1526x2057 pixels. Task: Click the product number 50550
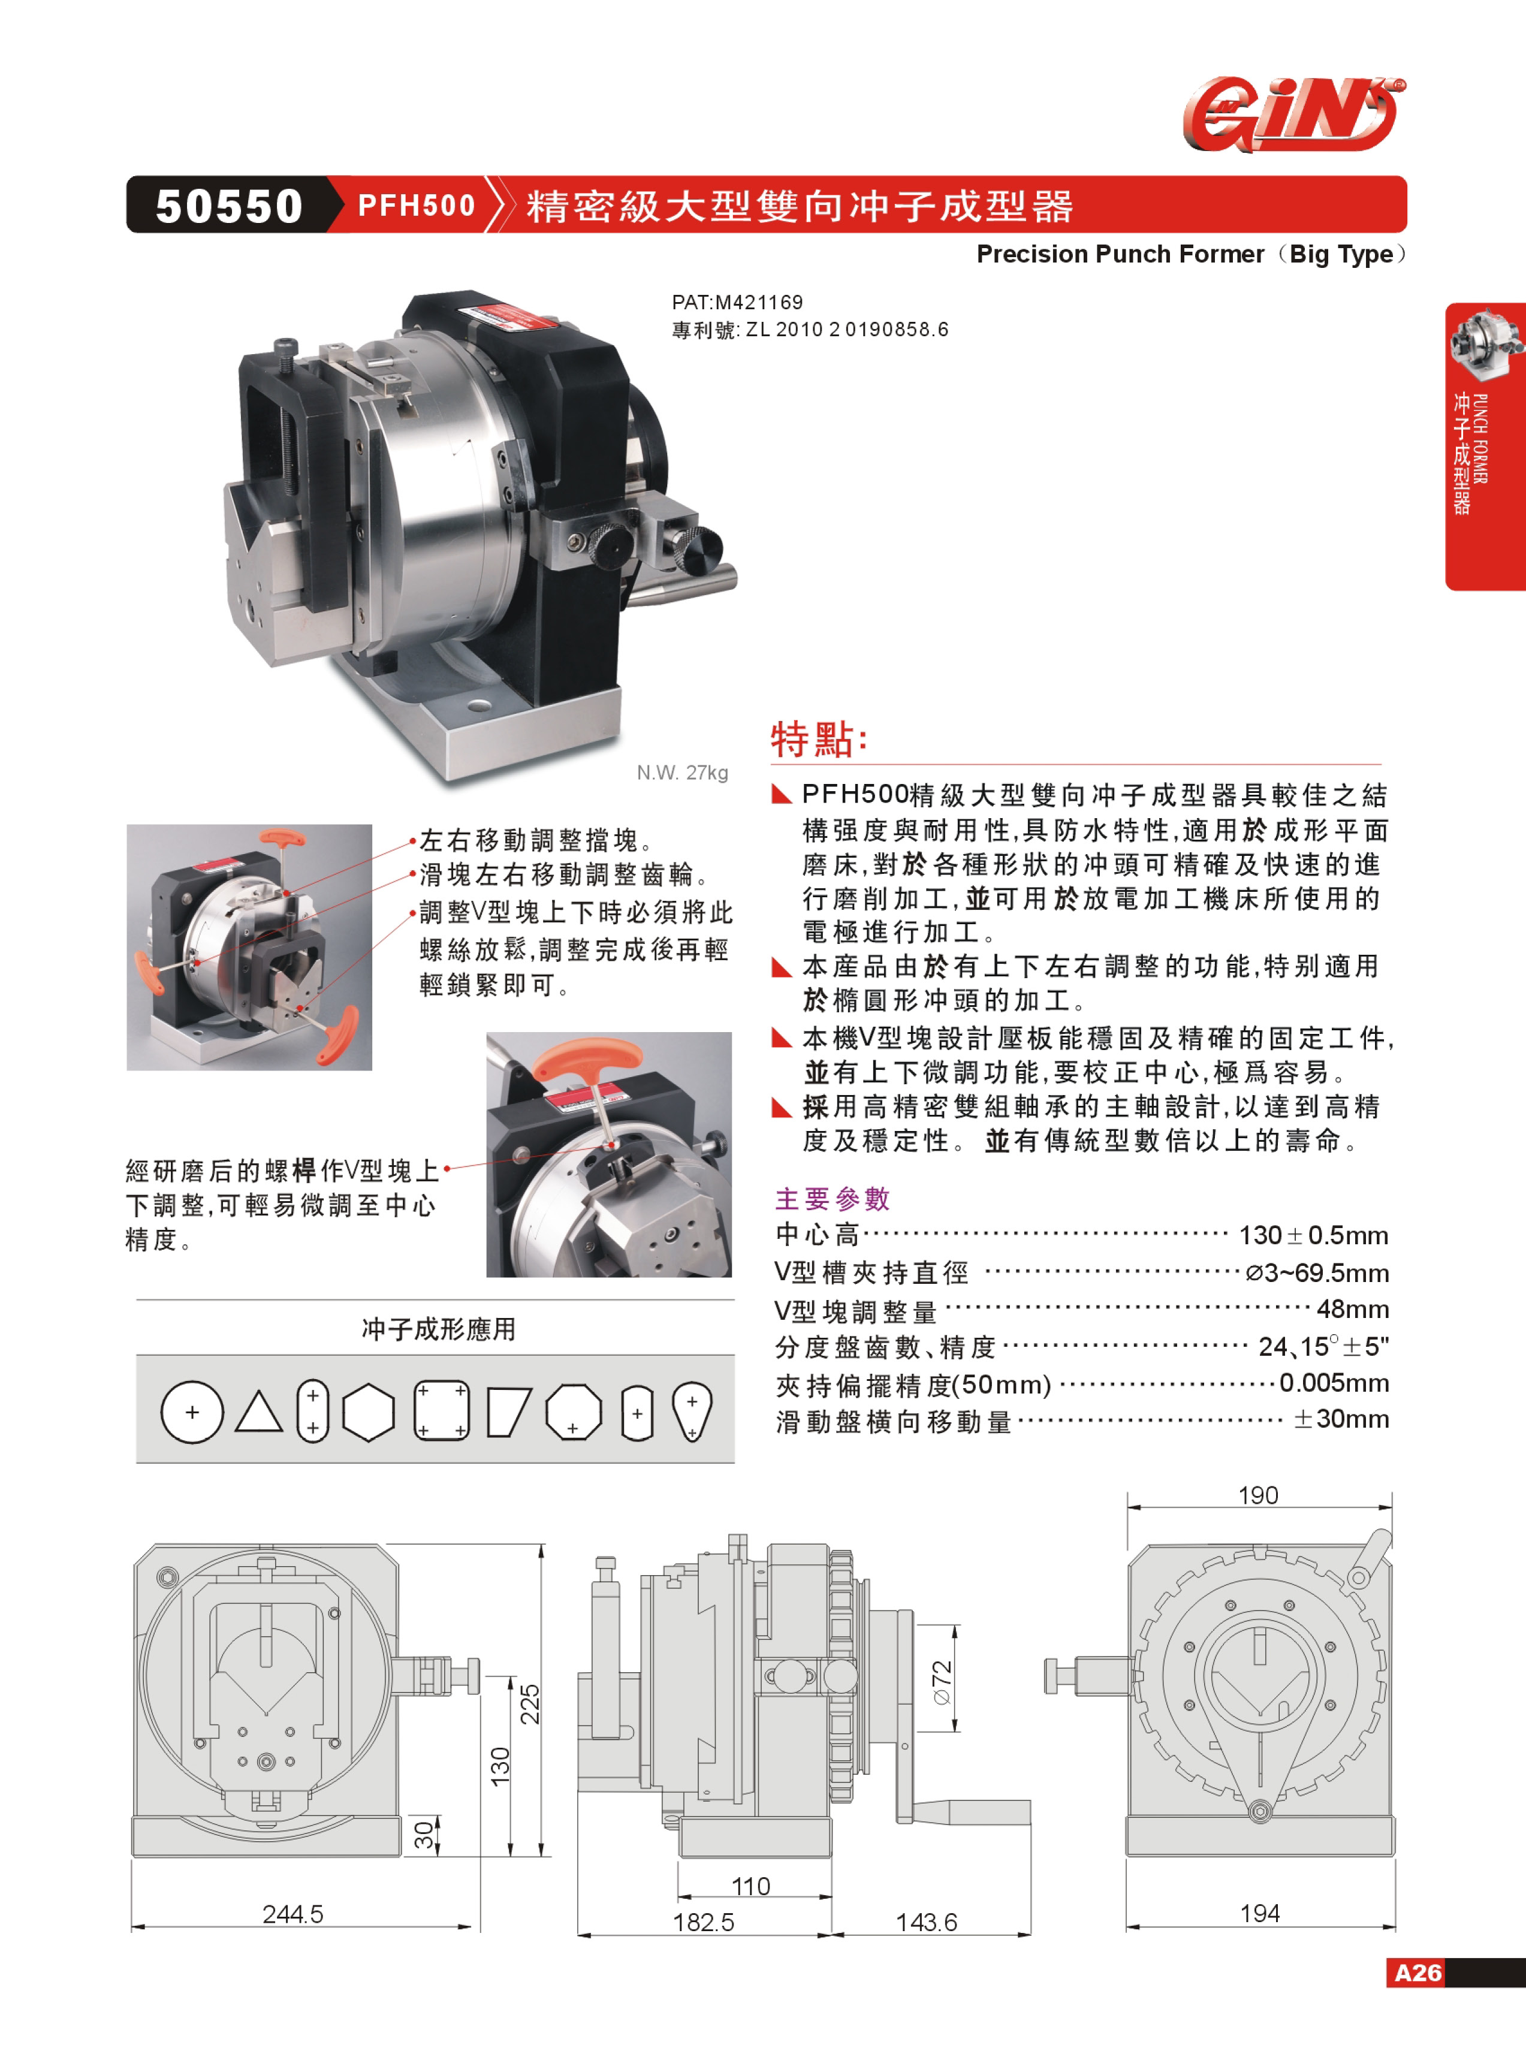pyautogui.click(x=229, y=205)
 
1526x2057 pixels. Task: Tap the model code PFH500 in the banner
pyautogui.click(x=416, y=205)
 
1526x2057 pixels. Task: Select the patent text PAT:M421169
pyautogui.click(x=737, y=302)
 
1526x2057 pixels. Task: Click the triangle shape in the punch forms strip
pyautogui.click(x=259, y=1411)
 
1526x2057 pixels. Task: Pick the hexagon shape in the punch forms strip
pyautogui.click(x=369, y=1411)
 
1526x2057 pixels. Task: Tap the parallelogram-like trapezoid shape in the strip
pyautogui.click(x=508, y=1412)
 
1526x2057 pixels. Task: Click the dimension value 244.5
pyautogui.click(x=293, y=1914)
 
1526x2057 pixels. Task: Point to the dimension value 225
pyautogui.click(x=529, y=1704)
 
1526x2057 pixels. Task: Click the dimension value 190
pyautogui.click(x=1258, y=1494)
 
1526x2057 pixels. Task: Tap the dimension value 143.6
pyautogui.click(x=927, y=1922)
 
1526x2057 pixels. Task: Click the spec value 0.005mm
pyautogui.click(x=1334, y=1383)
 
